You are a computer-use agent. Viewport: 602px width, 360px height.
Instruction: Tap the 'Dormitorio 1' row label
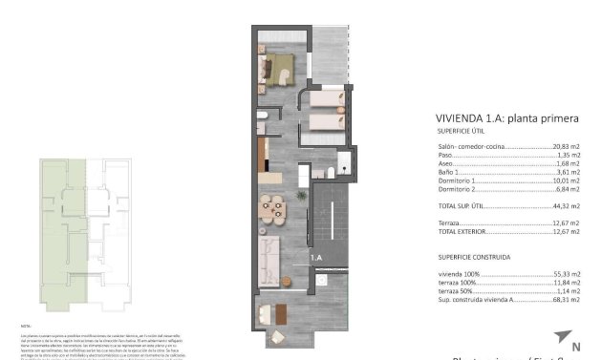point(456,180)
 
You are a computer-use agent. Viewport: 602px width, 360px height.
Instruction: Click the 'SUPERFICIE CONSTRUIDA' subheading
point(474,257)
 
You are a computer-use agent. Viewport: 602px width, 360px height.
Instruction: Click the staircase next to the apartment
point(333,211)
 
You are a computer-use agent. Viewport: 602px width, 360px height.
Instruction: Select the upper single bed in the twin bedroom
point(326,99)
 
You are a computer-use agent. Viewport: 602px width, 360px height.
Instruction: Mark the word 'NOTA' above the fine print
point(26,326)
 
